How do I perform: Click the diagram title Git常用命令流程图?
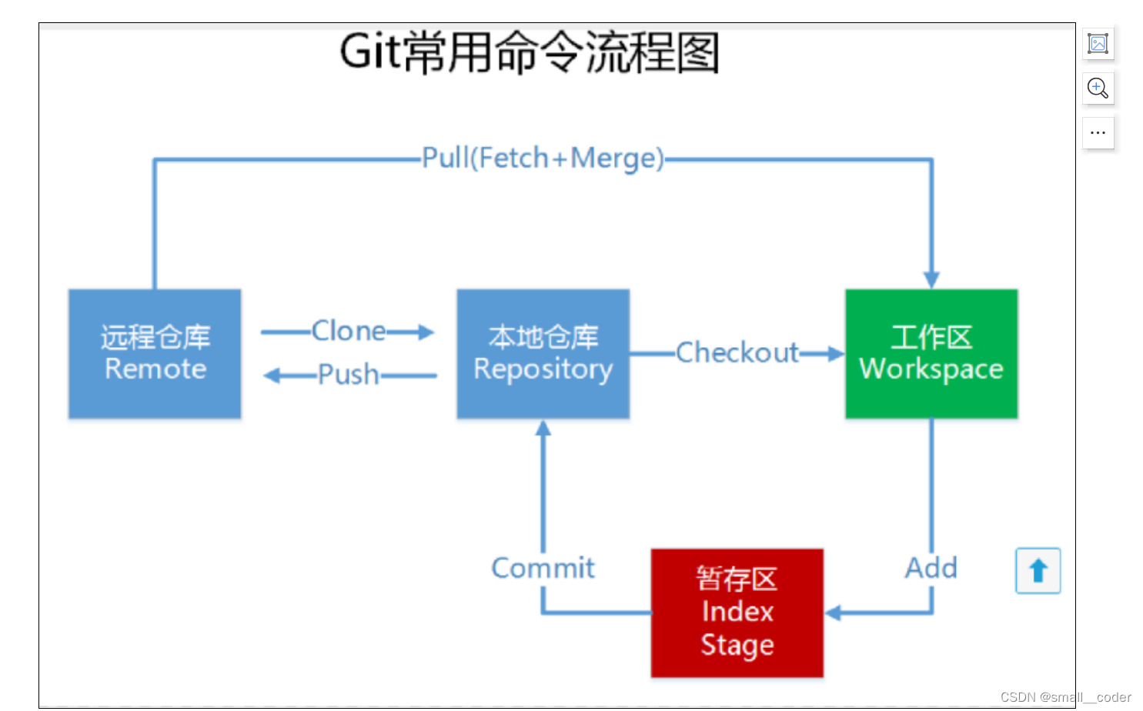[530, 52]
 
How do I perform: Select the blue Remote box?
[155, 354]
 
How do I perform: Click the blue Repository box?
[543, 354]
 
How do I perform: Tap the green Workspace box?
[931, 354]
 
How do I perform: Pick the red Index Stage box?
[737, 613]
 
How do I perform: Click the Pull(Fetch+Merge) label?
[543, 159]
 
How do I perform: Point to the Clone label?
[348, 331]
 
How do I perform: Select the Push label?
[348, 375]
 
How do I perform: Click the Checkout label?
[737, 352]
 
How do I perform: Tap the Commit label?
[543, 568]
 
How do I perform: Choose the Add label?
[931, 568]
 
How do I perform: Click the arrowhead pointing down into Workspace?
[931, 279]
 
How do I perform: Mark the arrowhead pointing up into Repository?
[543, 429]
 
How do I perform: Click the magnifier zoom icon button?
[1098, 88]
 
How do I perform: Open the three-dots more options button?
[1098, 132]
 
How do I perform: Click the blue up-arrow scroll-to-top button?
[1038, 570]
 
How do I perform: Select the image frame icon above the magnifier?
[1098, 43]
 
